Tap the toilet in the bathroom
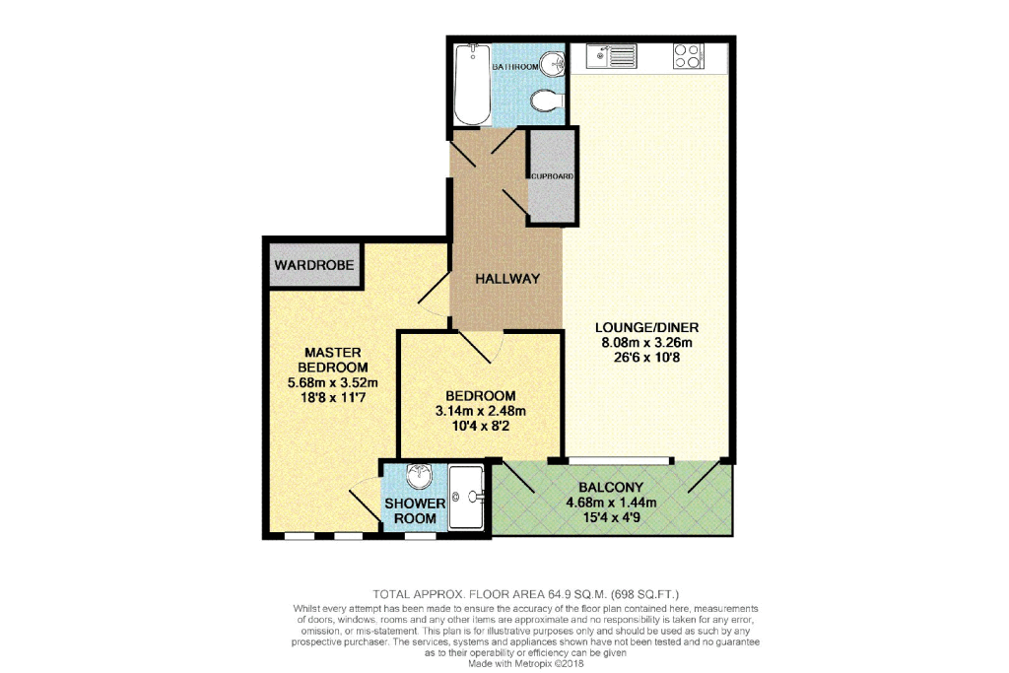click(x=545, y=101)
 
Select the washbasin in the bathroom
click(x=556, y=62)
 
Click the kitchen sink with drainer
click(x=612, y=57)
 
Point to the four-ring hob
click(x=687, y=57)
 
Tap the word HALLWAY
click(x=507, y=279)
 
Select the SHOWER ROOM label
click(x=414, y=510)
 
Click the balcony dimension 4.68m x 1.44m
click(x=611, y=503)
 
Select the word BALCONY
click(x=611, y=487)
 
